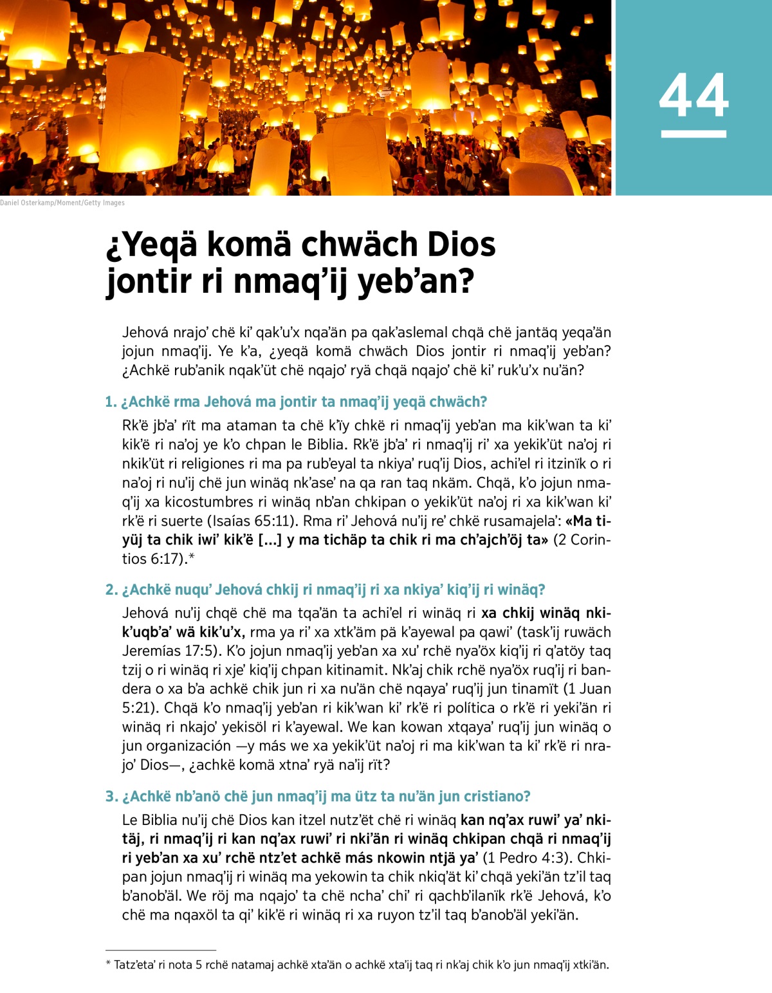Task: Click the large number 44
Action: click(694, 96)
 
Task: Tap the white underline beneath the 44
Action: click(694, 134)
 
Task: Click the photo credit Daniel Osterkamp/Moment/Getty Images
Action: click(62, 203)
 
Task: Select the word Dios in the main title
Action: click(461, 245)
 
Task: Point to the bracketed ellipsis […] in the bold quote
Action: click(269, 540)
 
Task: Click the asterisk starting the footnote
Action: click(108, 964)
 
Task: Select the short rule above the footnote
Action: click(161, 950)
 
